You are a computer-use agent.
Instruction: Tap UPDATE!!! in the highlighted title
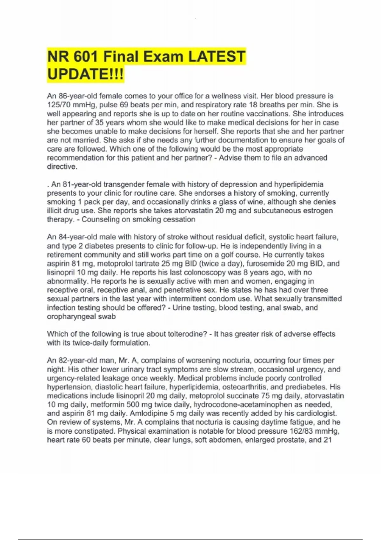(85, 74)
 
